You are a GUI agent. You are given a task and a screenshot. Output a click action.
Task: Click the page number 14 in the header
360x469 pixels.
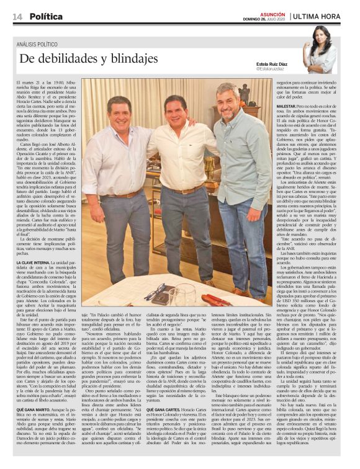click(x=17, y=17)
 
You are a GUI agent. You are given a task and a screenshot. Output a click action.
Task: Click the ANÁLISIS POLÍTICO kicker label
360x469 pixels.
click(x=38, y=45)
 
